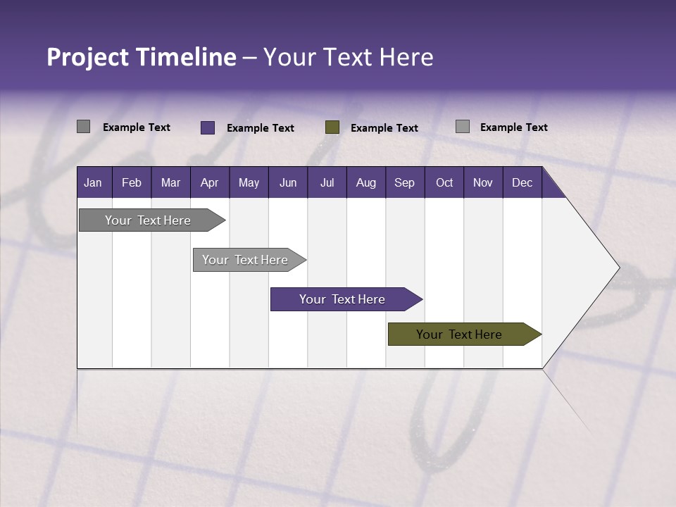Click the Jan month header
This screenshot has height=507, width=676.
click(x=93, y=182)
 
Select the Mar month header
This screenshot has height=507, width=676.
click(x=170, y=182)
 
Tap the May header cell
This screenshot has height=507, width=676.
click(x=249, y=182)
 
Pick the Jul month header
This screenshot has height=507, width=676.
click(x=327, y=182)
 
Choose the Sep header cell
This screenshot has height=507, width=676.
click(x=404, y=182)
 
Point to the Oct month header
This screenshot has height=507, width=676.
click(x=444, y=182)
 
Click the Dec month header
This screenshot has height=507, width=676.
click(x=522, y=182)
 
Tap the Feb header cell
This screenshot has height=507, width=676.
click(x=132, y=182)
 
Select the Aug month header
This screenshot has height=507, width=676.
click(x=365, y=182)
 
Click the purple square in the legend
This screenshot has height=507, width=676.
click(x=208, y=127)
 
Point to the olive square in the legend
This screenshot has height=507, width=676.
click(x=332, y=127)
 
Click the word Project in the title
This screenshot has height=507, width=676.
click(x=88, y=57)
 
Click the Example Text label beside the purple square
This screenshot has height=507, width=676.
click(x=261, y=128)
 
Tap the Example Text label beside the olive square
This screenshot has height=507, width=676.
click(x=384, y=128)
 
